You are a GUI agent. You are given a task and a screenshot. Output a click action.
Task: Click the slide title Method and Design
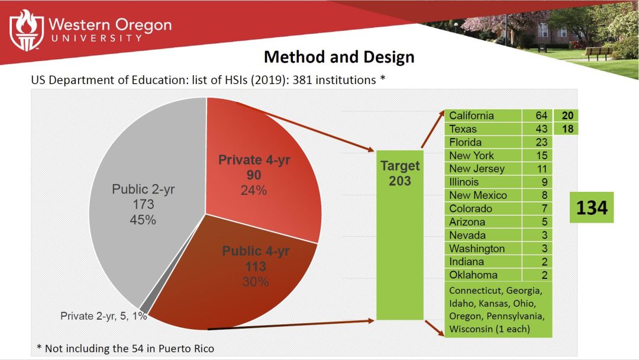(x=338, y=57)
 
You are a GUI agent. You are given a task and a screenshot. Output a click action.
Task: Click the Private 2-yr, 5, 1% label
(x=104, y=316)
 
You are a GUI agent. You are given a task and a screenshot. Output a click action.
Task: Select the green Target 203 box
(x=400, y=231)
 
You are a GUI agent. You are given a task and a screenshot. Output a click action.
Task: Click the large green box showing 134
(x=591, y=207)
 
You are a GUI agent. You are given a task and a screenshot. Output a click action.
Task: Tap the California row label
(x=471, y=115)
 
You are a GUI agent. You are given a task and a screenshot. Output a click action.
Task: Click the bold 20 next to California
(x=567, y=115)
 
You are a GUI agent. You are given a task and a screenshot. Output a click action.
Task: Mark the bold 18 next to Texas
(x=567, y=128)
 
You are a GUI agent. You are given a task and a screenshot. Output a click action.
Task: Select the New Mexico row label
(x=477, y=195)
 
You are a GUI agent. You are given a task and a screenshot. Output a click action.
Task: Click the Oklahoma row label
(x=473, y=275)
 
